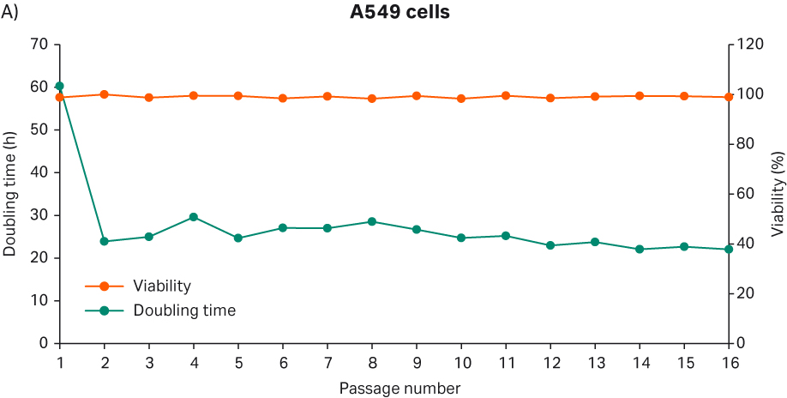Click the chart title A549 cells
click(x=393, y=14)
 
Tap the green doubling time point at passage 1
click(x=60, y=86)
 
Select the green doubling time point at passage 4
click(x=194, y=217)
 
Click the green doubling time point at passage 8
click(x=372, y=221)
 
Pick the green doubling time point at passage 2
click(x=105, y=241)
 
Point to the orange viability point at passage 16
click(x=729, y=97)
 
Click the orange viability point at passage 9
click(x=417, y=96)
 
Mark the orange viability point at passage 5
click(x=238, y=96)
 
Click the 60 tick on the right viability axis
click(x=746, y=194)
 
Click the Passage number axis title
click(x=400, y=389)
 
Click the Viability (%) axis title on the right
click(x=777, y=194)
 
